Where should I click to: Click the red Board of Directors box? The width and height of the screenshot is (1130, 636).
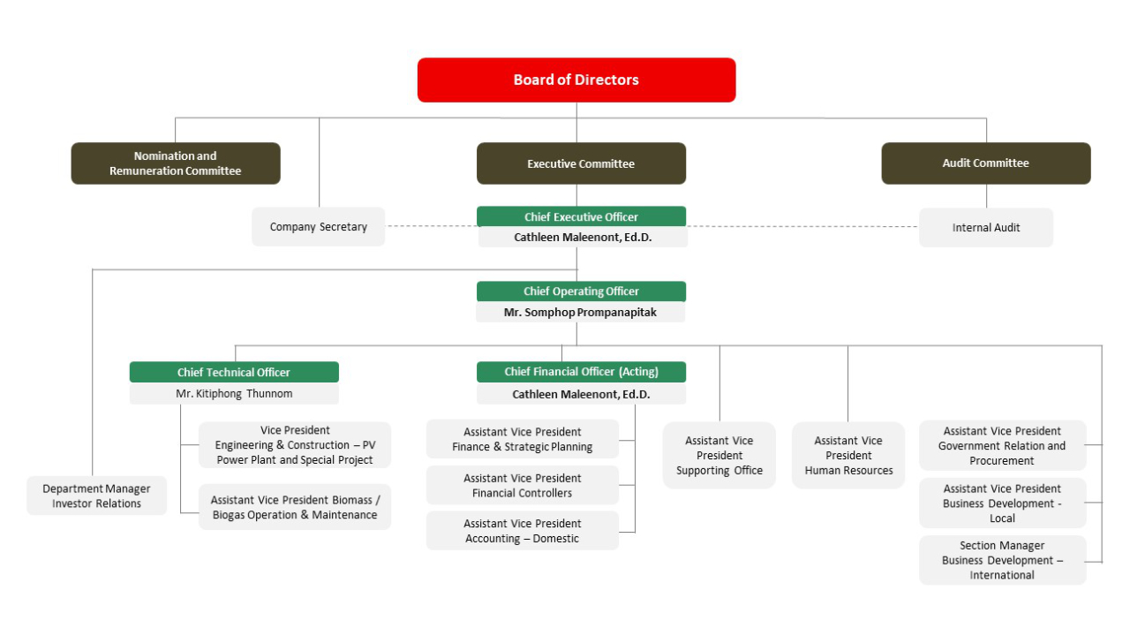576,80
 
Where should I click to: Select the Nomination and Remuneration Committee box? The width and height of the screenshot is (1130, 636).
176,163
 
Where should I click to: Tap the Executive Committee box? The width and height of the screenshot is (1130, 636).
581,163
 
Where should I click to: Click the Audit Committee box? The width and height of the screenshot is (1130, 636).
985,163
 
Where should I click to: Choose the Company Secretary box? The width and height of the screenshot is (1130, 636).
319,227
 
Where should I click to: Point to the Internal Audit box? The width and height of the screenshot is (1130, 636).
986,228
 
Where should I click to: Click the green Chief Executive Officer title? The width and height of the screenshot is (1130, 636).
581,216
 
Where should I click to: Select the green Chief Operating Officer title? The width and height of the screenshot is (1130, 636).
581,291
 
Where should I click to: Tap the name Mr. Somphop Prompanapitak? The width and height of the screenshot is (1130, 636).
580,313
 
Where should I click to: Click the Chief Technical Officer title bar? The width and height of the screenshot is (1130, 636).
234,372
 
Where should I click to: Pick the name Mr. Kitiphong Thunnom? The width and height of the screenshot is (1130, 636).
234,394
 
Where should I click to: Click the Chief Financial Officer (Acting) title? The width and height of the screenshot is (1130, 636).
581,372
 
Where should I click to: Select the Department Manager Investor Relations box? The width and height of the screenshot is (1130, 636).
96,496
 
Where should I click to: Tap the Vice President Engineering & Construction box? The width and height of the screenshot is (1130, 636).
295,445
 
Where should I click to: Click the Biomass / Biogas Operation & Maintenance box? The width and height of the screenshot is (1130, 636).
295,507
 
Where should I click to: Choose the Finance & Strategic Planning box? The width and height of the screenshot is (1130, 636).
523,439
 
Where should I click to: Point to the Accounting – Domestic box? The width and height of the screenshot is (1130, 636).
523,531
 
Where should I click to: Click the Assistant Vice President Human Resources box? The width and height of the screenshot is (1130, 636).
848,456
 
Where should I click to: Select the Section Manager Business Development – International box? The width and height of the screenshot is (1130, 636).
1003,560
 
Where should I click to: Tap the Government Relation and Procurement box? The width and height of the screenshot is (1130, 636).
1003,446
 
